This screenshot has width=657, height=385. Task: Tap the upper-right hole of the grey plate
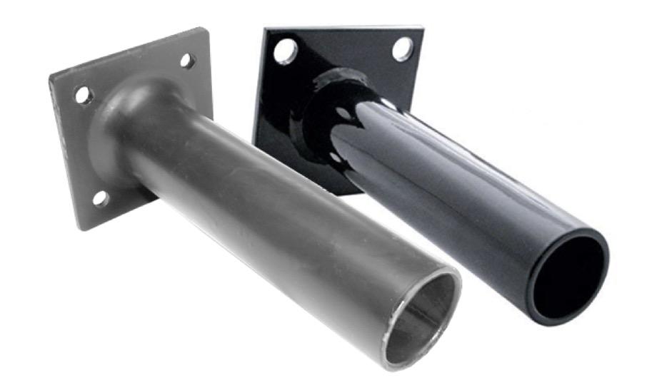click(187, 61)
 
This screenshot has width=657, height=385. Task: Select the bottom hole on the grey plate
click(101, 197)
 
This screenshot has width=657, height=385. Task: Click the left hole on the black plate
click(285, 51)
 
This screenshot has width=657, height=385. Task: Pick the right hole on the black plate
click(402, 48)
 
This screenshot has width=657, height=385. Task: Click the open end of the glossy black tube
click(568, 274)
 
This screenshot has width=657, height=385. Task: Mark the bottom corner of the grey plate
click(81, 230)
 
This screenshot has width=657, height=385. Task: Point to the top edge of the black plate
click(343, 29)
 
